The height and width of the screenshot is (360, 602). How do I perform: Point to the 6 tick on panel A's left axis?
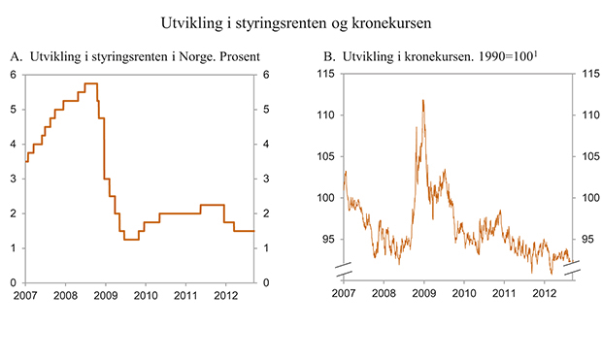pos(14,75)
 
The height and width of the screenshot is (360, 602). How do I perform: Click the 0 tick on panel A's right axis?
pos(264,282)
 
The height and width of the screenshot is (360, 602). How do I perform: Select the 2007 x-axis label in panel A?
pos(25,294)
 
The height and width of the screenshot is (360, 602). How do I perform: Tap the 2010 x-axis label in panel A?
pos(145,294)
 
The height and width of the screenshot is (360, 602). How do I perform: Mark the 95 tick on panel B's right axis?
pos(585,238)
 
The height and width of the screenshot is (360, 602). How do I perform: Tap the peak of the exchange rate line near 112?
pos(423,99)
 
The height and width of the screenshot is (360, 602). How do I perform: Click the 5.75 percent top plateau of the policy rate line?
pos(91,83)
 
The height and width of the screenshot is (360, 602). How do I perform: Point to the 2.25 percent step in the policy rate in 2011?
pos(212,205)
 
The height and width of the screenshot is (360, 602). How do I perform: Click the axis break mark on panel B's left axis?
pos(343,266)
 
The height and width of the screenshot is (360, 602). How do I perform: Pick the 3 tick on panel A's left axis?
pos(14,179)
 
